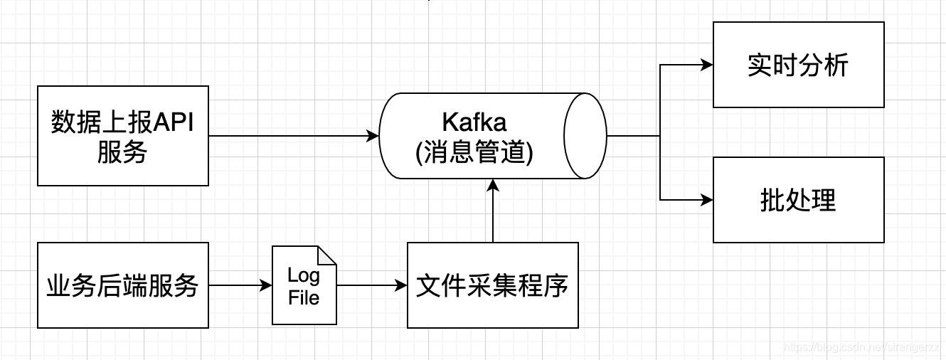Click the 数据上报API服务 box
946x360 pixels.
coord(122,136)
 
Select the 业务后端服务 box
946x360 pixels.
coord(122,285)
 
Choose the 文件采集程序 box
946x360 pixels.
coord(492,285)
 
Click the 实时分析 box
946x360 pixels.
coord(798,65)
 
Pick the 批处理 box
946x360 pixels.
coord(798,200)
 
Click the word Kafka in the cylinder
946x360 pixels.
coord(474,122)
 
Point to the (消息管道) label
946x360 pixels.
coord(474,152)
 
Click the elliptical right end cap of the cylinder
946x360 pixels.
coord(585,135)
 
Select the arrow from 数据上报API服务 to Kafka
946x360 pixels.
coord(292,136)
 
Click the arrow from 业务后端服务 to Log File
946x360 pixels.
coord(239,285)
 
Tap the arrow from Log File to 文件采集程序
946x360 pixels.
coord(371,285)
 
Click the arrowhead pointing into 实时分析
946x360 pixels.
coord(707,65)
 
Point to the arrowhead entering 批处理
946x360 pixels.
coord(707,200)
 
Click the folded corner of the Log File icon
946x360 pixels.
coord(327,255)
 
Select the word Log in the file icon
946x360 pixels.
coord(304,275)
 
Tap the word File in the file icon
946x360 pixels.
coord(304,297)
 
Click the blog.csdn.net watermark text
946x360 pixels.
coord(861,346)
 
